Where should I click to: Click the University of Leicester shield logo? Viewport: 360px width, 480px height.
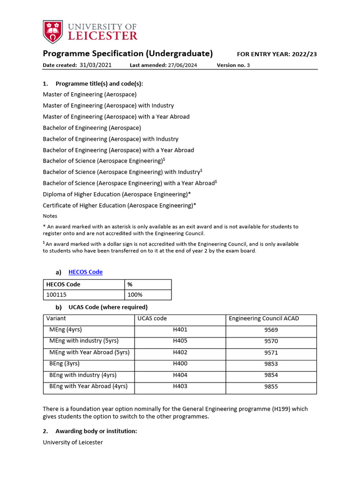(52, 31)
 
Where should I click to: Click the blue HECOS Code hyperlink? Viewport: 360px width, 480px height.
(85, 272)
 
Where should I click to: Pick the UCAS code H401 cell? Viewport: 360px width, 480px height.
(180, 330)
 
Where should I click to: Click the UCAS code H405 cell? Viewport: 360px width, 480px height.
(180, 341)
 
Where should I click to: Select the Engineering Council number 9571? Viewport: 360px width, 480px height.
(271, 352)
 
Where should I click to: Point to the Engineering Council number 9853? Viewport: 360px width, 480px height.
(271, 364)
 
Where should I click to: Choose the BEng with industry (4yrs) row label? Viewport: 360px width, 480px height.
(83, 375)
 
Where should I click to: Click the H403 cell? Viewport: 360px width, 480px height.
(180, 386)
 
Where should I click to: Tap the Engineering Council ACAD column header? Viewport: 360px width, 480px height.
(263, 319)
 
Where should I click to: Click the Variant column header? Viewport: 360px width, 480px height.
(56, 319)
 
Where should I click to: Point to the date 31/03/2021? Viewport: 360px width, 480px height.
(96, 65)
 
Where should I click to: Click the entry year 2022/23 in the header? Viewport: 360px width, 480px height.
(304, 54)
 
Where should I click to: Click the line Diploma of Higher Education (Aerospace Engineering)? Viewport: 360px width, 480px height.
(117, 194)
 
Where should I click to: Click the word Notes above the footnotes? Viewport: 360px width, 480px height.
(50, 216)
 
